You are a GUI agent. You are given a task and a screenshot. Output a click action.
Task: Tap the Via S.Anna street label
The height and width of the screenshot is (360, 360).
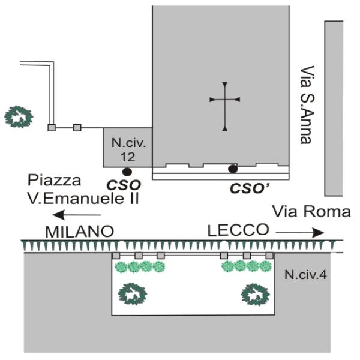tap(307, 105)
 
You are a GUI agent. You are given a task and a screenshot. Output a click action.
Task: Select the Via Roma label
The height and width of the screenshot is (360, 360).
tap(311, 212)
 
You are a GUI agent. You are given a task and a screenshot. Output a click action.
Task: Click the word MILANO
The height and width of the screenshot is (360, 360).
tap(79, 232)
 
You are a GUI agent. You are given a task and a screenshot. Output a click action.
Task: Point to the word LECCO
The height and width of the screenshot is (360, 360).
tap(238, 230)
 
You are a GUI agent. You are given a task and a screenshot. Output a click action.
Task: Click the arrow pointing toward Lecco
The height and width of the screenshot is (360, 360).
tap(300, 233)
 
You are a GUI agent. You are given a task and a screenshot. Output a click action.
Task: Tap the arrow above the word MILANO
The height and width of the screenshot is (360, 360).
tap(77, 215)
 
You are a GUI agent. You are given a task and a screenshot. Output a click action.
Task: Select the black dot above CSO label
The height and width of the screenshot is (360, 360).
tap(127, 172)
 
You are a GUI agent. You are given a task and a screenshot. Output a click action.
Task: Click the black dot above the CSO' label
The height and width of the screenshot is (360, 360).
tap(233, 169)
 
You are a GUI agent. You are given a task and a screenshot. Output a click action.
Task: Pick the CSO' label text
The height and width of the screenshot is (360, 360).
tap(249, 188)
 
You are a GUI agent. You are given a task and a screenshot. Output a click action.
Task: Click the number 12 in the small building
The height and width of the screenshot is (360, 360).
tap(128, 157)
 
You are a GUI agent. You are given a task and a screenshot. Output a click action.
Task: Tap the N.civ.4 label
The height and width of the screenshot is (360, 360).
tap(305, 275)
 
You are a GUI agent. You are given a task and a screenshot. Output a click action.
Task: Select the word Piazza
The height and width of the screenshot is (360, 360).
tap(54, 181)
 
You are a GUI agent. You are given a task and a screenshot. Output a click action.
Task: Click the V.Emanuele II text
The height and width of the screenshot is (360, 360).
tap(83, 199)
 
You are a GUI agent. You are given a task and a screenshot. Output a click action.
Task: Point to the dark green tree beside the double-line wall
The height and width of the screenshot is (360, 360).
tap(19, 116)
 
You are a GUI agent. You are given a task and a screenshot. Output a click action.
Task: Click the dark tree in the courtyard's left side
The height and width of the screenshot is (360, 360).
tap(133, 294)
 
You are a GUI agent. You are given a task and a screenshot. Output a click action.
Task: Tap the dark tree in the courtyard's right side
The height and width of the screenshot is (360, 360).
tap(256, 295)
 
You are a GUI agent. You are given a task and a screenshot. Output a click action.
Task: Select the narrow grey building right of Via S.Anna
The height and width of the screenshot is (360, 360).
tap(334, 109)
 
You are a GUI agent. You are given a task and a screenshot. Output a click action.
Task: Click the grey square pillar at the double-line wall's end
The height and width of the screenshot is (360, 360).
tap(52, 128)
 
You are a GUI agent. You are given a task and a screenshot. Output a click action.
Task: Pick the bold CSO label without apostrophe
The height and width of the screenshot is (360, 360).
tap(124, 185)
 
